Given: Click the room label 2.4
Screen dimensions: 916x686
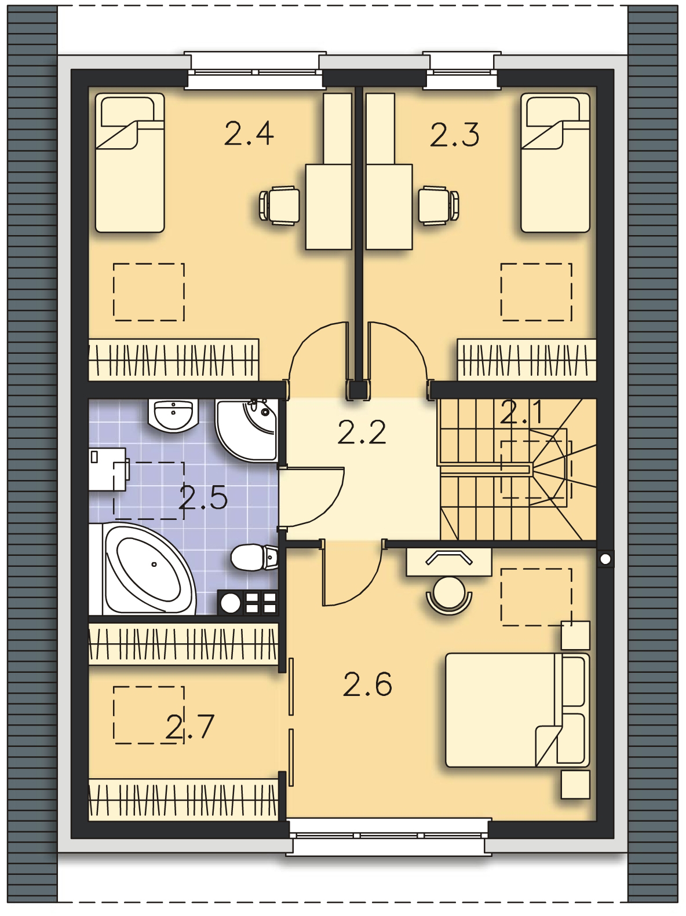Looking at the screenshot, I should click(249, 134).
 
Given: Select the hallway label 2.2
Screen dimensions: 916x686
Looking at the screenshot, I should click(362, 432).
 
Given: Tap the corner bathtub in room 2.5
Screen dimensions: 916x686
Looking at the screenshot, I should click(147, 569).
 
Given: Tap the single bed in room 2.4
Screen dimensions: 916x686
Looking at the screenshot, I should click(130, 163).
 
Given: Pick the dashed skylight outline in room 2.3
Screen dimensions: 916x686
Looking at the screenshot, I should click(536, 291).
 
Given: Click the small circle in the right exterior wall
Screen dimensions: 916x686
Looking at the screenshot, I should click(606, 559).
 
